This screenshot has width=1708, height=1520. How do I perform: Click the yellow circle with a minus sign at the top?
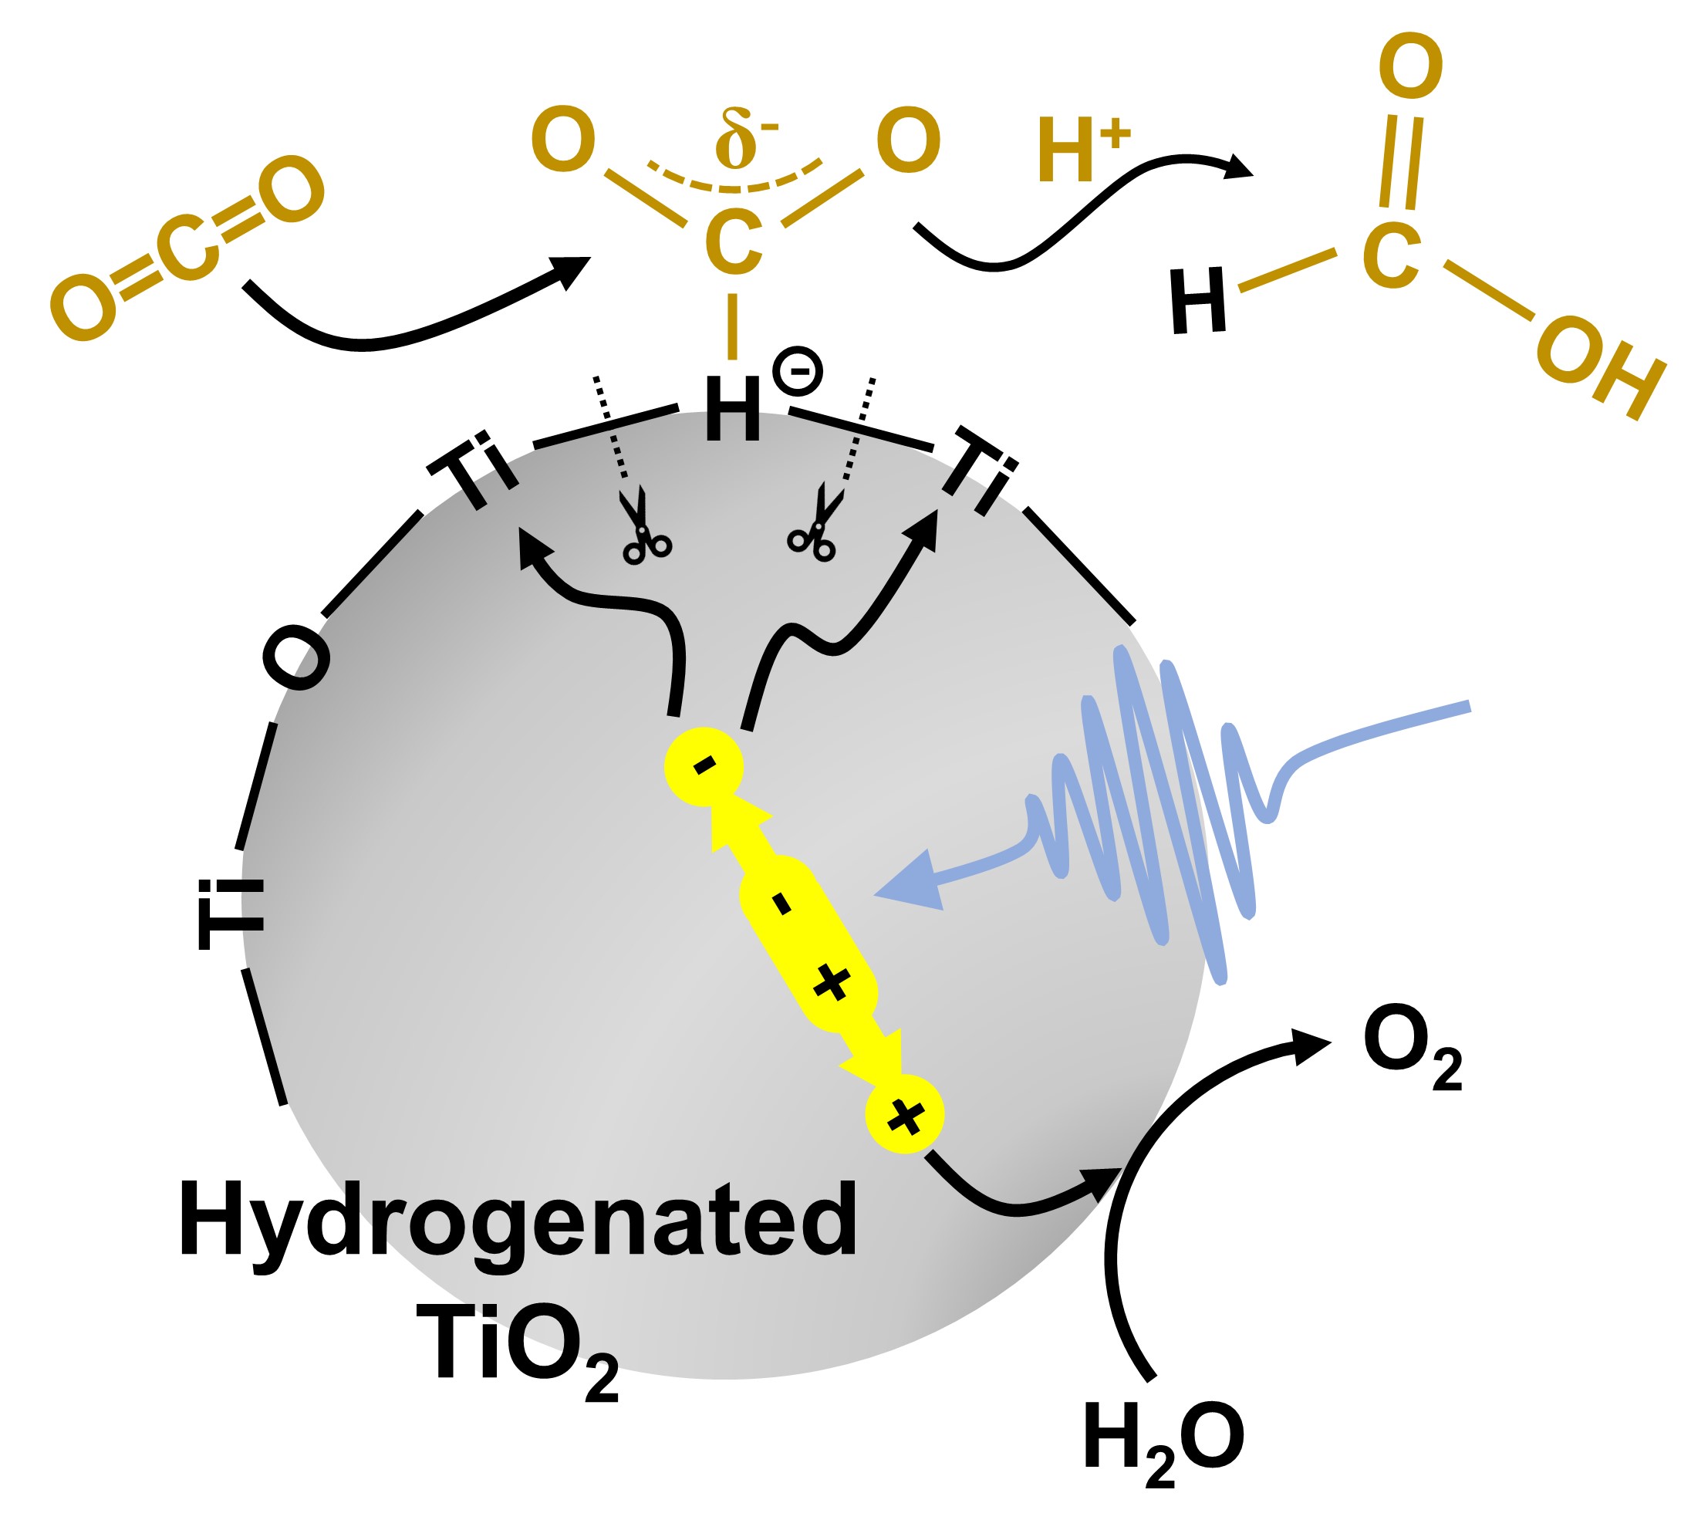pos(704,765)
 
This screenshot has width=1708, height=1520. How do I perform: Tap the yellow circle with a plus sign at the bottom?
pos(904,1115)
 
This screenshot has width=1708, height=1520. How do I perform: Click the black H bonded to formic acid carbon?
pos(1198,301)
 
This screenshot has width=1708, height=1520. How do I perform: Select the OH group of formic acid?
pos(1599,368)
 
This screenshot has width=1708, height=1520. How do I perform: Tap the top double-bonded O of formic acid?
pos(1410,67)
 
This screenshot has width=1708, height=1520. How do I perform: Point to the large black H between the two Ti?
pos(733,409)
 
